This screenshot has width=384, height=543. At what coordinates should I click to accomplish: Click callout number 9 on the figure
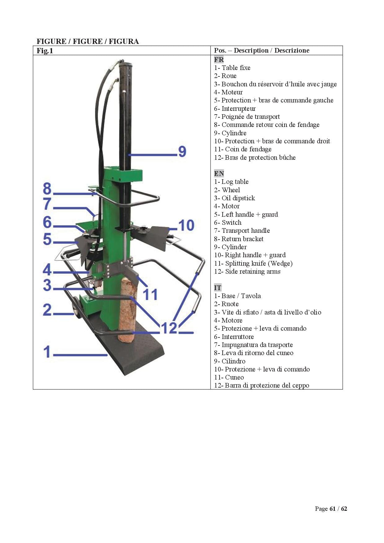(x=182, y=151)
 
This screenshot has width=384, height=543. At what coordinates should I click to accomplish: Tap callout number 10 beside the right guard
(x=186, y=225)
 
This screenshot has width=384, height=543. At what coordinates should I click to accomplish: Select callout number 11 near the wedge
(x=151, y=294)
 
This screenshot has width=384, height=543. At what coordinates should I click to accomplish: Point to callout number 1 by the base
(x=47, y=352)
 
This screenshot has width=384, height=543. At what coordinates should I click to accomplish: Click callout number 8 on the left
(x=47, y=188)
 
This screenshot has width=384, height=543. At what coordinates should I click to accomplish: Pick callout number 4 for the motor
(x=47, y=270)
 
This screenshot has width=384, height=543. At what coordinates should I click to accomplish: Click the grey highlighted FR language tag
(x=219, y=59)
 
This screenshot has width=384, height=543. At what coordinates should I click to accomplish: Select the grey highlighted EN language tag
(x=219, y=173)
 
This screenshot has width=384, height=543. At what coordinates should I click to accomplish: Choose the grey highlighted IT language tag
(x=217, y=288)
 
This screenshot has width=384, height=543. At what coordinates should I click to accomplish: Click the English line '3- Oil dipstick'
(x=234, y=198)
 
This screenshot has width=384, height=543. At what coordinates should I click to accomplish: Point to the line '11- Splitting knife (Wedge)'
(x=253, y=263)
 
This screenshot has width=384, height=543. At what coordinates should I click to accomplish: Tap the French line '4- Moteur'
(x=228, y=92)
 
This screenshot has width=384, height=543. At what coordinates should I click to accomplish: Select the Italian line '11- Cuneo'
(x=229, y=377)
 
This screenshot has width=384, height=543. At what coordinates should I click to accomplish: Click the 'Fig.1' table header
(x=45, y=51)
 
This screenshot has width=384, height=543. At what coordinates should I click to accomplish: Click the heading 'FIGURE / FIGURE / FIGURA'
(x=88, y=41)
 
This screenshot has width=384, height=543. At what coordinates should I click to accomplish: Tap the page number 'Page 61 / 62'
(x=331, y=509)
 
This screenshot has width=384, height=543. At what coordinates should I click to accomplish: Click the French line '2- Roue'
(x=225, y=76)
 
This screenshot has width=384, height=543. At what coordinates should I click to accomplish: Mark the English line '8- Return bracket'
(x=238, y=239)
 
